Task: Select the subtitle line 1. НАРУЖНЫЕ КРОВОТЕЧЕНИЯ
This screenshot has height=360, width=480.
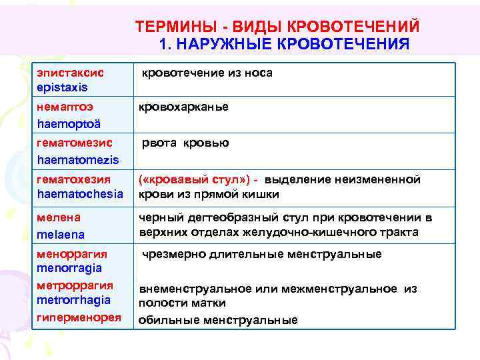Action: (285, 44)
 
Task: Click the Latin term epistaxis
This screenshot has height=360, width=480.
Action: (63, 87)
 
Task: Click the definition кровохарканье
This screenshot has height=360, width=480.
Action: (183, 107)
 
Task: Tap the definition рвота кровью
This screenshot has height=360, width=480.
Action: (184, 143)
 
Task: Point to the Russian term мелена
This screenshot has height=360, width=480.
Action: (59, 217)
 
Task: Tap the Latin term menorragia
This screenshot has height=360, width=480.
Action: (70, 268)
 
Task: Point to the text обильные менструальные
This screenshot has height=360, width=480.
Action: (218, 320)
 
